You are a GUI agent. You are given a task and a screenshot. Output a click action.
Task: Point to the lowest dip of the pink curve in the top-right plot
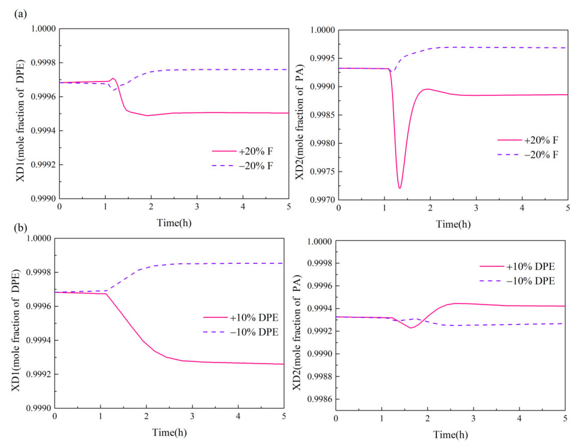(x=399, y=188)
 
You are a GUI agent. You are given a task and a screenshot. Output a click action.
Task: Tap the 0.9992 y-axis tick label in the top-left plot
(x=43, y=165)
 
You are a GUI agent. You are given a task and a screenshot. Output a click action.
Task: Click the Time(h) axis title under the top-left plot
(x=174, y=223)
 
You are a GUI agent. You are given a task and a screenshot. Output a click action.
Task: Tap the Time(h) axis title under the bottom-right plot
(x=450, y=435)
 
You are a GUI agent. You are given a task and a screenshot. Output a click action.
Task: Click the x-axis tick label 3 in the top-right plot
(x=476, y=208)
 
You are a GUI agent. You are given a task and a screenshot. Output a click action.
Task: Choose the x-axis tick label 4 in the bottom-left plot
(x=238, y=416)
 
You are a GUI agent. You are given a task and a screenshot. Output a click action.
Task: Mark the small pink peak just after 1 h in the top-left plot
(x=113, y=78)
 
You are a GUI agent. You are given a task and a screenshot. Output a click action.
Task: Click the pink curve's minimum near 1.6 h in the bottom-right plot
(x=411, y=328)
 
